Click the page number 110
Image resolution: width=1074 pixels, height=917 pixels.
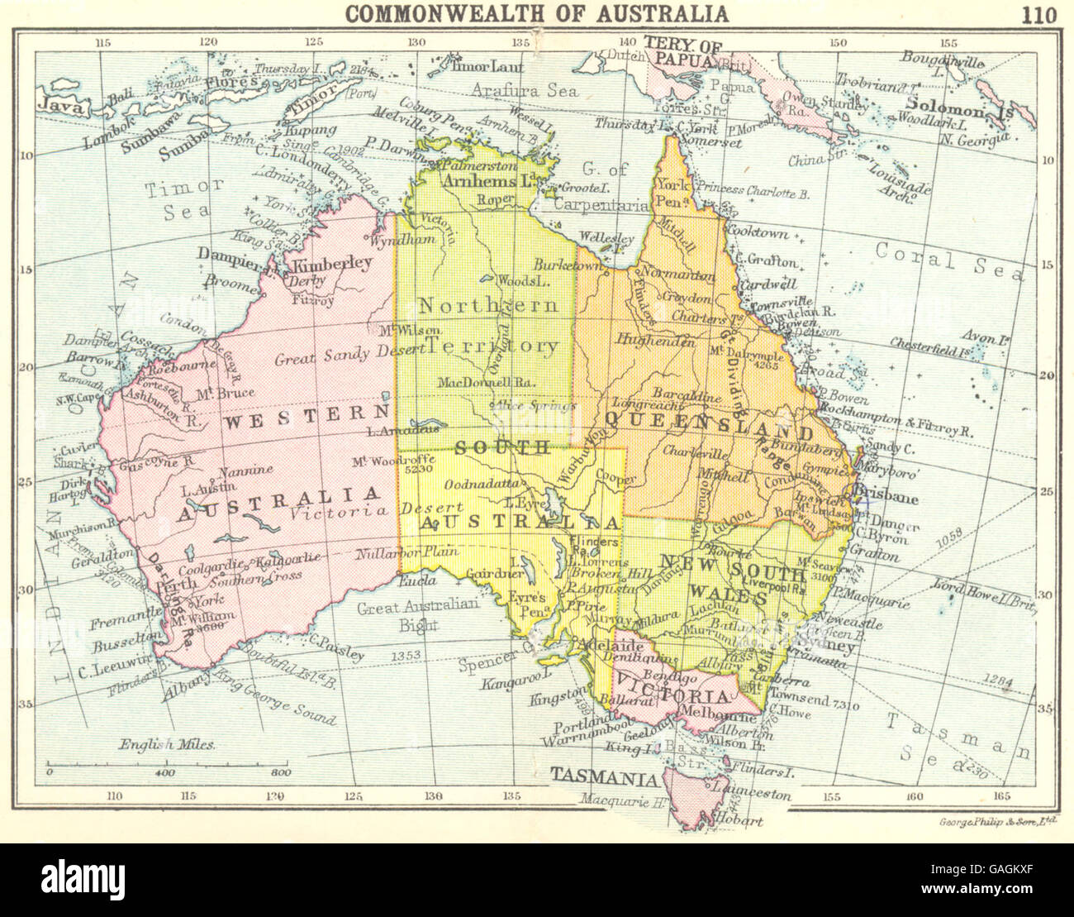pyautogui.click(x=1038, y=14)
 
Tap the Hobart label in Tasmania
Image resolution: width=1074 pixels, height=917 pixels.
pyautogui.click(x=742, y=821)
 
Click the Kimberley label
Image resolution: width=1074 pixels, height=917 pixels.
pyautogui.click(x=334, y=264)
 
